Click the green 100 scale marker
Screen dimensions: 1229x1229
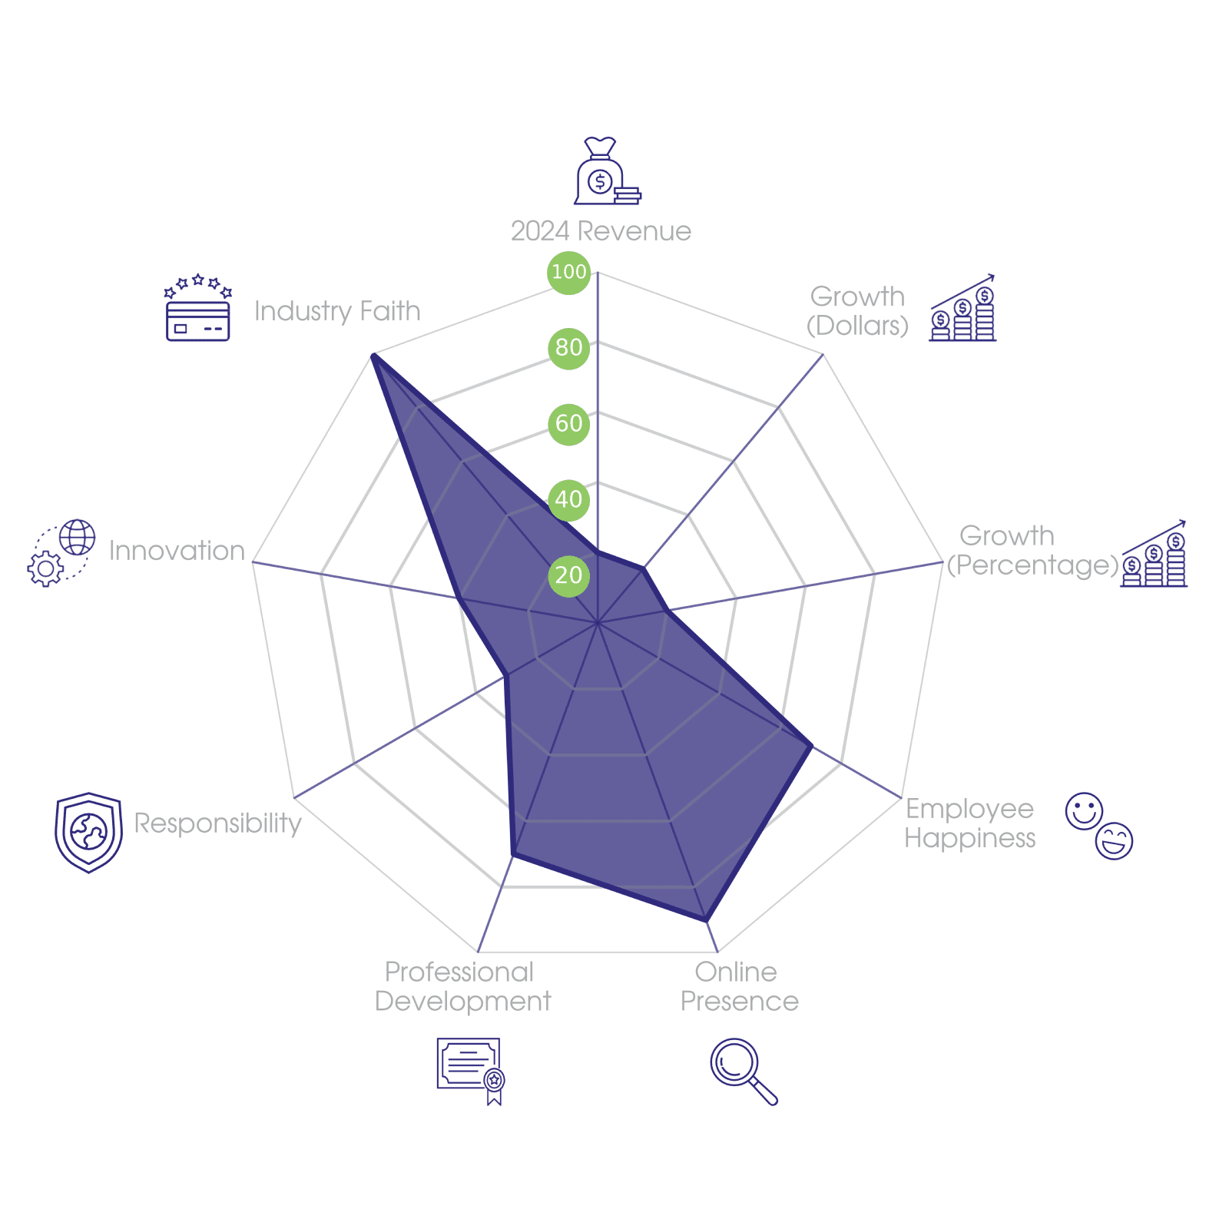click(568, 272)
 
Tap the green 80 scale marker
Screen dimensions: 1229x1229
click(568, 347)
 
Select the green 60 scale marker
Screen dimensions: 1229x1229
click(568, 423)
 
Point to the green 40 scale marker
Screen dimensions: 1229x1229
click(568, 499)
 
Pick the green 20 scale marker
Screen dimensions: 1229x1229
click(568, 575)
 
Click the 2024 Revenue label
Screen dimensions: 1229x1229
click(601, 231)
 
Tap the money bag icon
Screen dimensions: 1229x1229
click(606, 172)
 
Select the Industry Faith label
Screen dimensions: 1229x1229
click(337, 311)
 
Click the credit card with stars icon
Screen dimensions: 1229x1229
click(198, 309)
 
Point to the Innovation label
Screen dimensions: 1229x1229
click(177, 551)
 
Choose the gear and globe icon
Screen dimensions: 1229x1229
click(61, 553)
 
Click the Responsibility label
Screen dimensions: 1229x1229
click(217, 823)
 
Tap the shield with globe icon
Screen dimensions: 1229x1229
click(88, 833)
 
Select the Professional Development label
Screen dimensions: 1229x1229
click(462, 987)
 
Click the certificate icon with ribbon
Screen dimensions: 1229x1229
click(470, 1070)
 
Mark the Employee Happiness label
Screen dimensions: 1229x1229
click(969, 823)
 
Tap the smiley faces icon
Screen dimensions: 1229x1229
click(1099, 826)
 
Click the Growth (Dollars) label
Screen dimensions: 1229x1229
click(857, 311)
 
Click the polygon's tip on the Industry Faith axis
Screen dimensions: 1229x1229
click(372, 353)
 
